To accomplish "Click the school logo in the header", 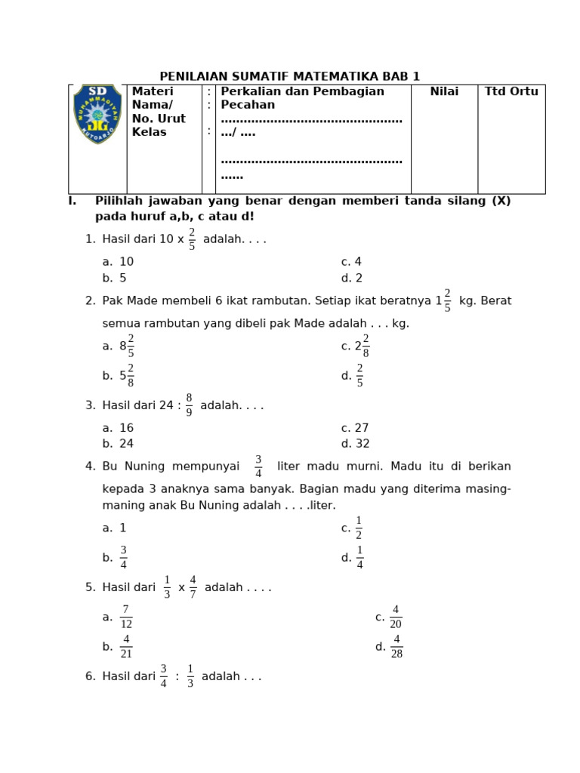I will click(97, 114).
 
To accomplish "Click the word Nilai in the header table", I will click(444, 91).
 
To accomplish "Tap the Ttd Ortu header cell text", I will click(511, 91).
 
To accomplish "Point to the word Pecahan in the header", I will click(248, 105).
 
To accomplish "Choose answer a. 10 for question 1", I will click(119, 262).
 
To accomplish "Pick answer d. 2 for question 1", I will click(352, 278).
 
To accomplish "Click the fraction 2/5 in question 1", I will click(192, 239).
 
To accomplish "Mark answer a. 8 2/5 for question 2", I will click(119, 346).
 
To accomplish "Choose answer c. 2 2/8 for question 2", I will click(356, 346).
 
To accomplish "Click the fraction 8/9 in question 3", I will click(189, 405).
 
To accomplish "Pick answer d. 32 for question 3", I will click(355, 444).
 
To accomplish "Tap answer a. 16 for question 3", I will click(119, 428).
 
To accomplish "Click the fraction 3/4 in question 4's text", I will click(258, 467).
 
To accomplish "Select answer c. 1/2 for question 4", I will click(353, 528).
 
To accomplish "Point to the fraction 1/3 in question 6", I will click(190, 676).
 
